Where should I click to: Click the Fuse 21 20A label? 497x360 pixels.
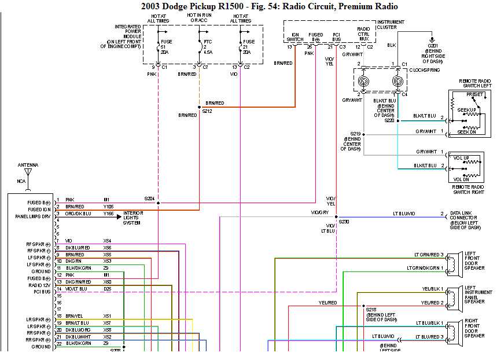click(x=249, y=47)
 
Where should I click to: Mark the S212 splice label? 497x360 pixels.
click(x=207, y=111)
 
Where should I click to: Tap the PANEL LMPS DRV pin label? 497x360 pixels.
click(x=32, y=216)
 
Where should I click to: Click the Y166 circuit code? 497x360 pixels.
click(x=109, y=214)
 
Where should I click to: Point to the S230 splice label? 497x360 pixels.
click(x=344, y=222)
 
